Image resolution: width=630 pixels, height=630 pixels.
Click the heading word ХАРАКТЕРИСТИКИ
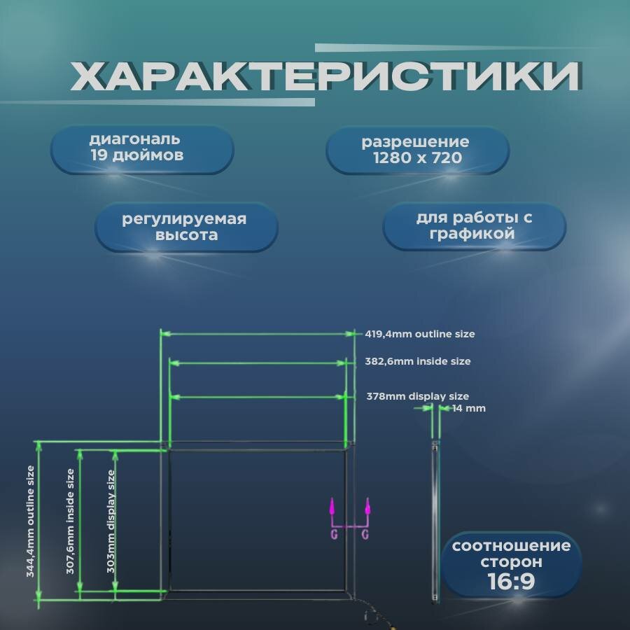[x=325, y=76]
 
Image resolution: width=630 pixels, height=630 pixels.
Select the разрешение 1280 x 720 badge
[x=416, y=150]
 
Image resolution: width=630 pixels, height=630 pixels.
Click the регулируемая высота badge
[x=185, y=227]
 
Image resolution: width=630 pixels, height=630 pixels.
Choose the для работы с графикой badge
[x=474, y=225]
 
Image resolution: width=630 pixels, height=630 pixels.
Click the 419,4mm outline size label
[x=420, y=334]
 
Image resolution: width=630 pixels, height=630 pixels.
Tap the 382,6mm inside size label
[x=418, y=362]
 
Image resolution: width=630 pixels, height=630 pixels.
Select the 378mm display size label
[x=418, y=396]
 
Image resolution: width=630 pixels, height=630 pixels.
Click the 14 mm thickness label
[x=468, y=408]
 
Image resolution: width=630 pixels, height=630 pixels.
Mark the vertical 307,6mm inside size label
[x=70, y=521]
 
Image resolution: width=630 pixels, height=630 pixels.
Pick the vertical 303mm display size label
[x=111, y=521]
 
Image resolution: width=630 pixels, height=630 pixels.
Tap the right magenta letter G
[x=365, y=535]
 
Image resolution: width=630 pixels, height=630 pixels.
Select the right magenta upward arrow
[x=367, y=507]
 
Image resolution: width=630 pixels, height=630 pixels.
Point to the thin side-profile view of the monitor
[x=435, y=521]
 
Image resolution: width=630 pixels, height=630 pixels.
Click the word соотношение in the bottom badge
[x=510, y=546]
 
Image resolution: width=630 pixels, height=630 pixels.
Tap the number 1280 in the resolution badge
[x=391, y=157]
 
